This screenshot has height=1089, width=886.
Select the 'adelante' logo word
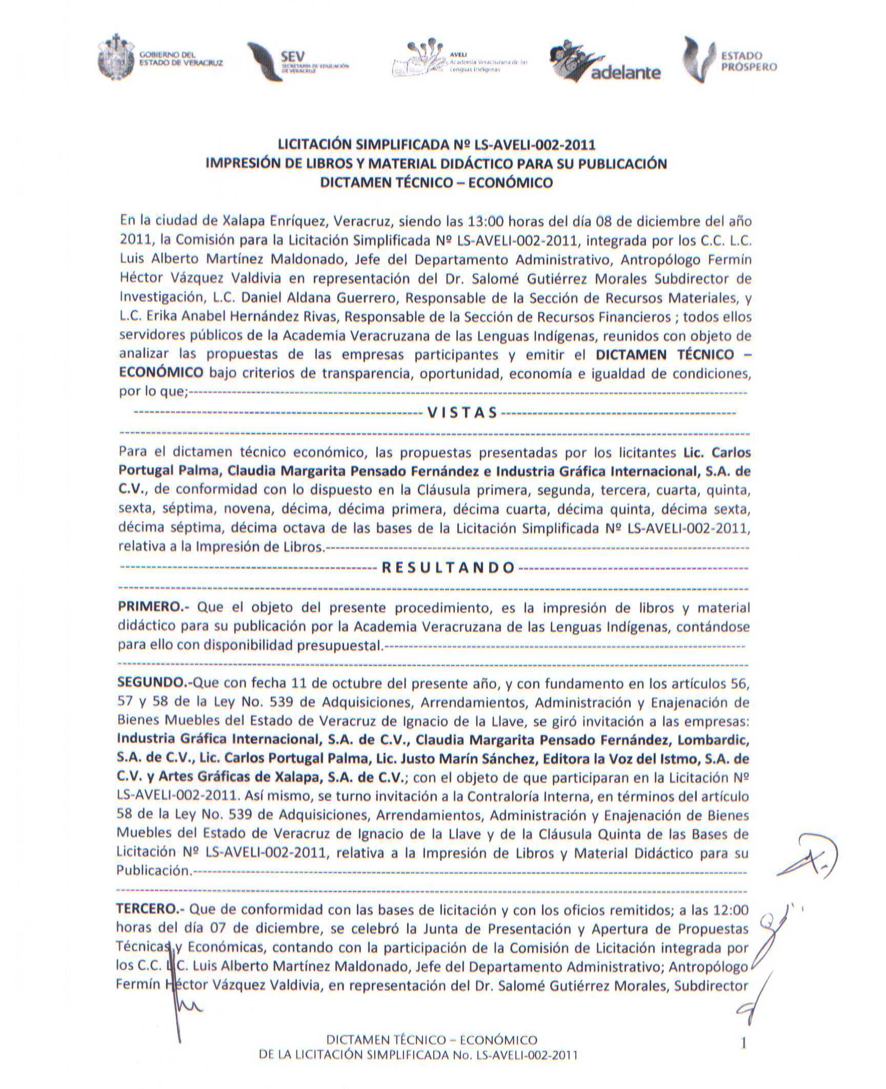click(x=626, y=73)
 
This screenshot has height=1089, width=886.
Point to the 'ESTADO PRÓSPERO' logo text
click(x=749, y=61)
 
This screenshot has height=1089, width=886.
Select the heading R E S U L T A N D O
click(x=449, y=567)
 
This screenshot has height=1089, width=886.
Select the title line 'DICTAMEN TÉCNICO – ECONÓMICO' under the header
click(x=436, y=183)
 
